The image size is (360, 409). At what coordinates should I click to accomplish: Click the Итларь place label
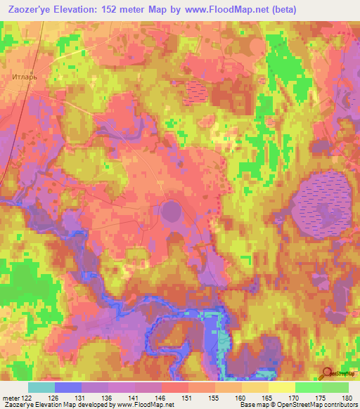pos(22,73)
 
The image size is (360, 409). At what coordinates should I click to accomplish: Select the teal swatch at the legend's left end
pos(41,387)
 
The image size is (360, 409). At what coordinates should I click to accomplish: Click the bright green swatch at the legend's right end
pos(335,387)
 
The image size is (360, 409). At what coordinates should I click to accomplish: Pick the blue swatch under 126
pos(68,387)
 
